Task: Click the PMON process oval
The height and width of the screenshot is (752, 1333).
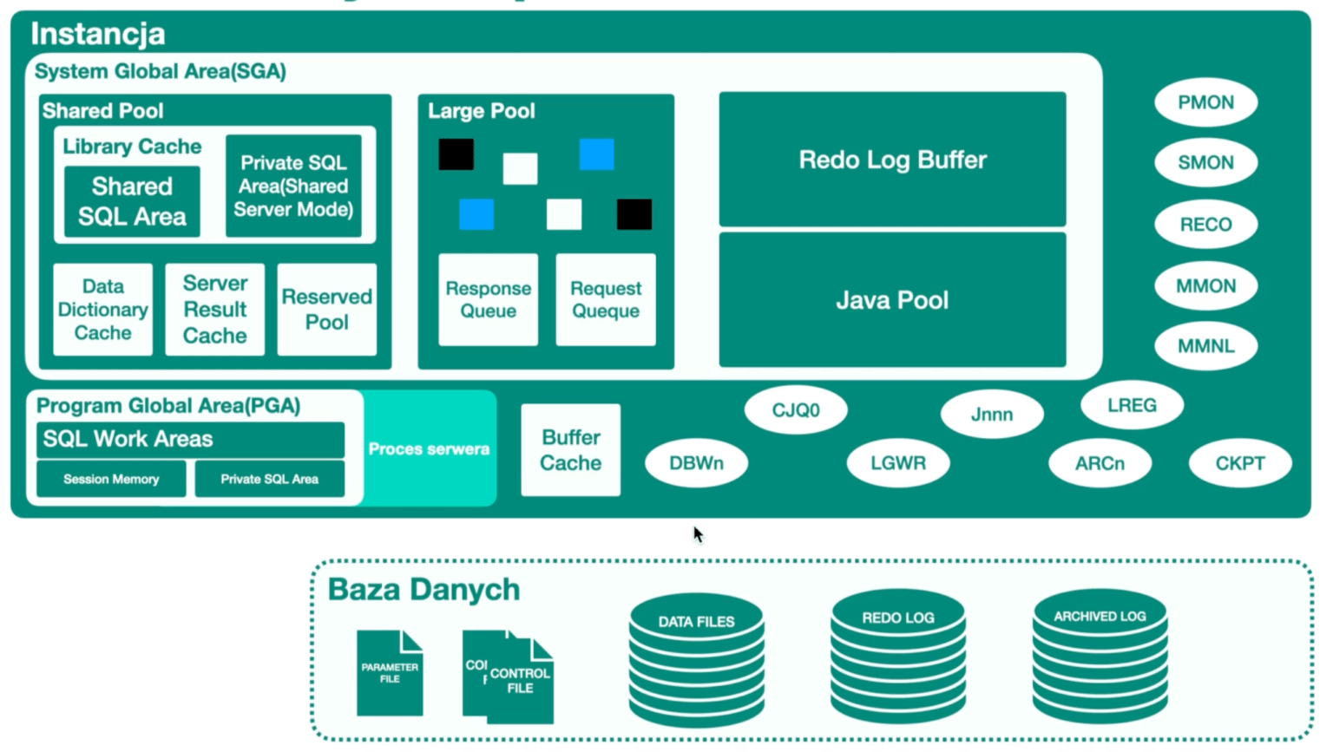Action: coord(1205,102)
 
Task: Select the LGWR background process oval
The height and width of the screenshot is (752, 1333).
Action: coord(898,463)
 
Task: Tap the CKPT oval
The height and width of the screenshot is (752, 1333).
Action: coord(1239,463)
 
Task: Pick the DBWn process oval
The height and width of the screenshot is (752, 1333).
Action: coord(696,463)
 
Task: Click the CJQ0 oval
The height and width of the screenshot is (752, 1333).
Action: coord(795,410)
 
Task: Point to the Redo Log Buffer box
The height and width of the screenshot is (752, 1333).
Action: coord(892,160)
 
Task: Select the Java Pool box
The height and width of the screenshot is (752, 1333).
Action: coord(892,300)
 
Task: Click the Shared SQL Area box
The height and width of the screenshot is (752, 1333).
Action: coord(132,201)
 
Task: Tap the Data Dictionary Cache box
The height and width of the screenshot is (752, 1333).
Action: coord(102,310)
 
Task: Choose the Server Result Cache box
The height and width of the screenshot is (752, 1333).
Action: coord(214,310)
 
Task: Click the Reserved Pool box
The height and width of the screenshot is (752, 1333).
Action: coord(326,310)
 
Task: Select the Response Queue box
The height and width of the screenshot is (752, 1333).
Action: coord(488,300)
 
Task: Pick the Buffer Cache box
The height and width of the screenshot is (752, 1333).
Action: coord(570,450)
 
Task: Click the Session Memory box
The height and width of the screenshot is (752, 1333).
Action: coord(111,479)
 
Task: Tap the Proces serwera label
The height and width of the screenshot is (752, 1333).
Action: coord(429,449)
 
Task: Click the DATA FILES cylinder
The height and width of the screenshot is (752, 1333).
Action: coord(696,659)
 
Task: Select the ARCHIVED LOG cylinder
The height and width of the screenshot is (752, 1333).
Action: coord(1100,657)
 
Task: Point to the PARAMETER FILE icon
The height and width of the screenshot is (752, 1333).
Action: coord(390,673)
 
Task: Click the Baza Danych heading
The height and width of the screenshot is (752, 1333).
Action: coord(424,590)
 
